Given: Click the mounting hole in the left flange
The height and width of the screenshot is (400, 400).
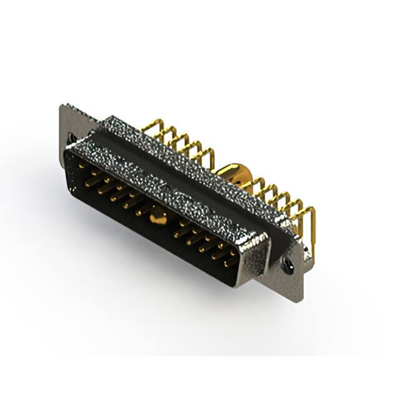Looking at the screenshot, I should pyautogui.click(x=71, y=137).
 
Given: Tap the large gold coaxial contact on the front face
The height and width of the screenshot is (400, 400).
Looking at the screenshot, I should pyautogui.click(x=159, y=219).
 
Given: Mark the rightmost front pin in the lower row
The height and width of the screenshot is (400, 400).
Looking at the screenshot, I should pyautogui.click(x=230, y=263).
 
